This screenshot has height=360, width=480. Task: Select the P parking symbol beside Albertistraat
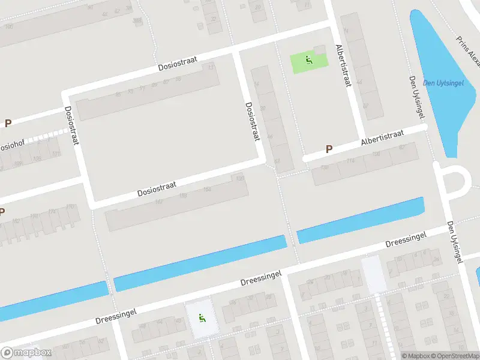[x=328, y=149]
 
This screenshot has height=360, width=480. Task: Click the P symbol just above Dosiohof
[x=8, y=124]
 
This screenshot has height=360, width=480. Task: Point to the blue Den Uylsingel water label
[x=443, y=83]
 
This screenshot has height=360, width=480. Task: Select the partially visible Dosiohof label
[x=7, y=146]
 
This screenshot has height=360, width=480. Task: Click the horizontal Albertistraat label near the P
[x=383, y=137]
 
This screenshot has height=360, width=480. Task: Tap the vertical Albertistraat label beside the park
[x=343, y=66]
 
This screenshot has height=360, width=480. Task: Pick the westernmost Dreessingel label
[x=116, y=316]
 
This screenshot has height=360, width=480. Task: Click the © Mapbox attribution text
[x=415, y=356]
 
